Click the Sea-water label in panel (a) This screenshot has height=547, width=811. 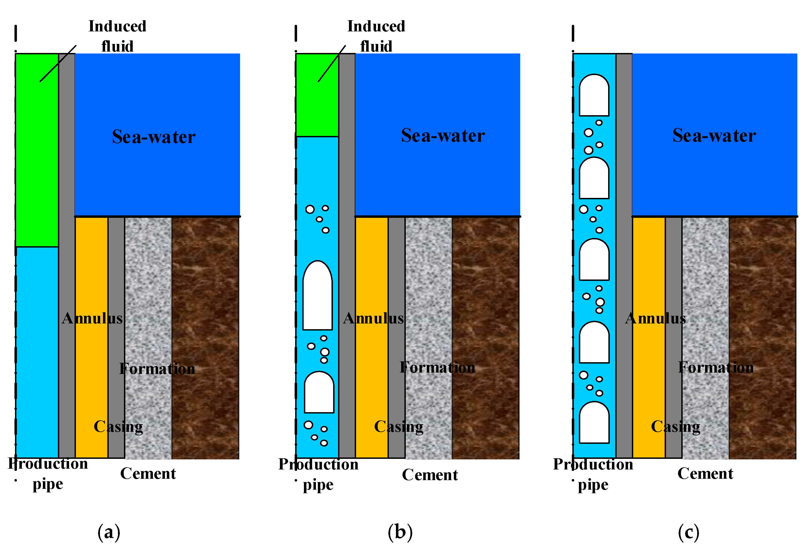point(153,137)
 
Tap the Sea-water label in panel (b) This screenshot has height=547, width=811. point(443,135)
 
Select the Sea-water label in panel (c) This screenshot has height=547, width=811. point(714,135)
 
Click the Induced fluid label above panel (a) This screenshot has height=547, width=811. point(117,36)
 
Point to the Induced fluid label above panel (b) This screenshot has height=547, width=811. point(376,36)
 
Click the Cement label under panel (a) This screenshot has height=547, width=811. point(148,473)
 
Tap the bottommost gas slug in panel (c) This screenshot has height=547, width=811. point(594,423)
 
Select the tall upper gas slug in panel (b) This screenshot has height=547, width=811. point(317,296)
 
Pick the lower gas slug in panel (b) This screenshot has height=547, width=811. point(319,393)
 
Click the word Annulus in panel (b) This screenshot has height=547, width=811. point(373,318)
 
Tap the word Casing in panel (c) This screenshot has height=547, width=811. point(675,427)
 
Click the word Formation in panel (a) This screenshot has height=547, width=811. point(157,369)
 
